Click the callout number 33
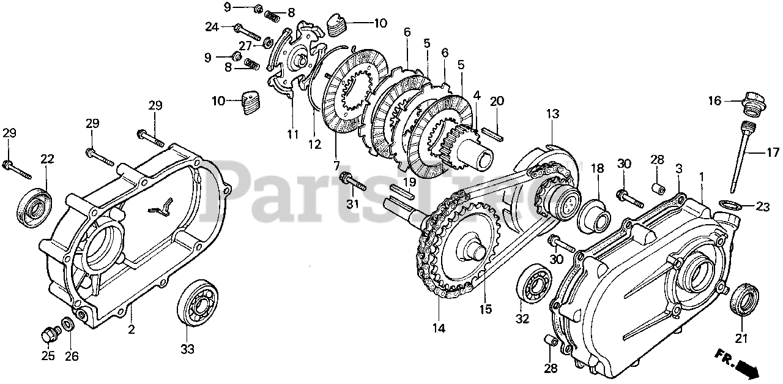pos(187,349)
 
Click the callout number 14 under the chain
pos(438,328)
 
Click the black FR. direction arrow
pos(746,368)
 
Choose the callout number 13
pos(552,115)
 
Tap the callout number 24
pos(212,27)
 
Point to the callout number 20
pos(497,101)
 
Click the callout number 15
pos(486,309)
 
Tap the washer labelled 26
pos(67,323)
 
